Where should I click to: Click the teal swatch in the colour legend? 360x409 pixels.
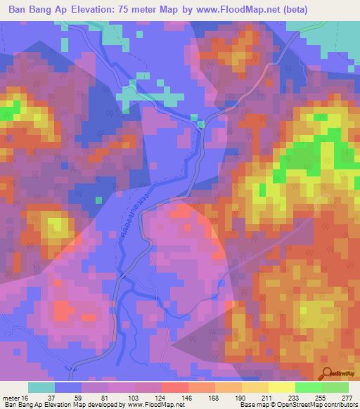click(x=41, y=387)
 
